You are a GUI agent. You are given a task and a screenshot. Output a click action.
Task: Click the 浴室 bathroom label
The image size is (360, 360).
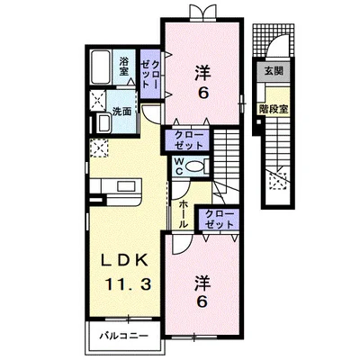pos(124,67)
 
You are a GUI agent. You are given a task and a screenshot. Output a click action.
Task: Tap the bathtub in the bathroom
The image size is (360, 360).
pos(101,67)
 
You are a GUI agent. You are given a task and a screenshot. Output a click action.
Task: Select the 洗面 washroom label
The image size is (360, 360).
pos(122,112)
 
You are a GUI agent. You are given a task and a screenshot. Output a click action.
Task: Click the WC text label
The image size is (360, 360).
pos(179,166)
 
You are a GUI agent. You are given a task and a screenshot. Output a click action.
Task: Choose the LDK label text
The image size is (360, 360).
pos(124,261)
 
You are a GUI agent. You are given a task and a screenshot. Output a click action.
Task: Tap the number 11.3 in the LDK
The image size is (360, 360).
pos(128,284)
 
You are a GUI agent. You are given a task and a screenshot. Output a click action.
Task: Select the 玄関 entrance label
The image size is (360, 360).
pos(274,71)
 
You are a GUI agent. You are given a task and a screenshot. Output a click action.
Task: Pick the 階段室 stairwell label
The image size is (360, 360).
pos(274,109)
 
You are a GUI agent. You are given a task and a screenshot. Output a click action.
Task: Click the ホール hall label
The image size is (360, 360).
pos(184,214)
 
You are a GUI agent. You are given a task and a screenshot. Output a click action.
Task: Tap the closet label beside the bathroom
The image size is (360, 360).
pos(151,74)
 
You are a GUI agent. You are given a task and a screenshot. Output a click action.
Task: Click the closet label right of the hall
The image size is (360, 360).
pos(220,219)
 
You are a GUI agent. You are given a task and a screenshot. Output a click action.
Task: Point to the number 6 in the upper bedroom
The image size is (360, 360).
pos(202,94)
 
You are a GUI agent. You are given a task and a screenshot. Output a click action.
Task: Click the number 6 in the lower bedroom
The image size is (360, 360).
pos(202,302)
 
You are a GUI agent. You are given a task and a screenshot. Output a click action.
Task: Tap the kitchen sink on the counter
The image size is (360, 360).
pos(127,186)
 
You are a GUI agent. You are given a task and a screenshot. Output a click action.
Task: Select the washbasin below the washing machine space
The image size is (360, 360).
pos(103,123)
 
